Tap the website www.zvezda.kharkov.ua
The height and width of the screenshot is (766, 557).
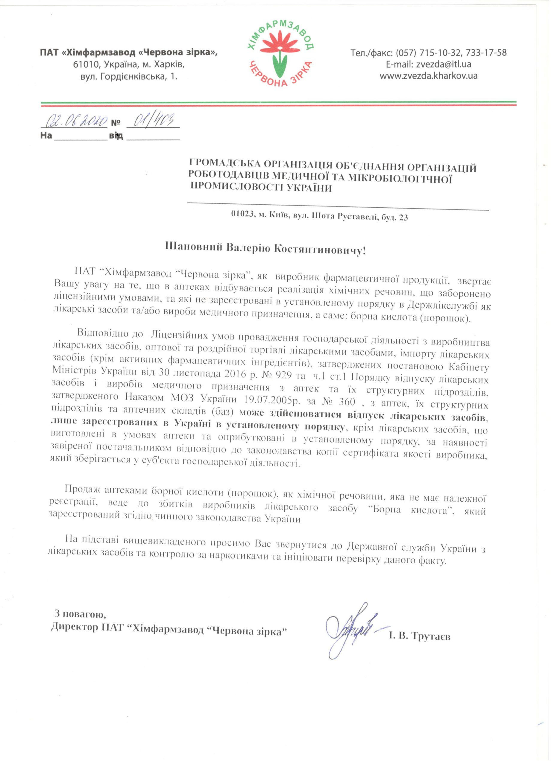point(429,76)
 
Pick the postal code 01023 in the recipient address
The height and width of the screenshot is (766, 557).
point(242,217)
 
